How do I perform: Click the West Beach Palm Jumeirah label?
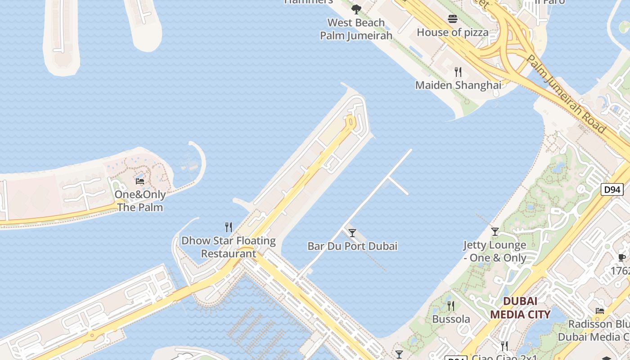point(356,29)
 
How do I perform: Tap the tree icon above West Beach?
point(356,9)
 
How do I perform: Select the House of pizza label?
point(452,32)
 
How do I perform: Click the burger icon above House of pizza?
point(453,19)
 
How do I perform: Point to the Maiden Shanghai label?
point(458,85)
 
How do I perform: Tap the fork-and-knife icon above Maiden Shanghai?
point(458,72)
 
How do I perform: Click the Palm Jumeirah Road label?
point(566,94)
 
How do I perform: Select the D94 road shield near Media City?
point(612,189)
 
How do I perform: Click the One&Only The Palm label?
point(140,201)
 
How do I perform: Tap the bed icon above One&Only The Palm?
point(140,181)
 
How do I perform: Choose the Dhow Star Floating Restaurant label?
point(229,247)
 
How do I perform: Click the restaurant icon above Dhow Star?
point(229,227)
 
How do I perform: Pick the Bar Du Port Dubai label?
point(352,246)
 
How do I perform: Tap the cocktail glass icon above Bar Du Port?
point(352,233)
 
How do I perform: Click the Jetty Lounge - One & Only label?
point(495,252)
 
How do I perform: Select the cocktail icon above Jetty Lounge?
point(495,232)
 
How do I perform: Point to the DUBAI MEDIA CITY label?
point(520,308)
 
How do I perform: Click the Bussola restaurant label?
point(451,319)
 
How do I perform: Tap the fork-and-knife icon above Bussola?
point(451,306)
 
